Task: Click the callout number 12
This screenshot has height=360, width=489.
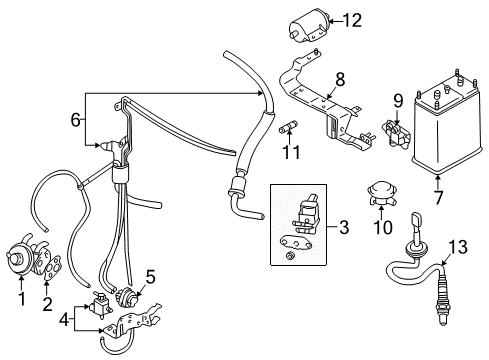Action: pos(352,21)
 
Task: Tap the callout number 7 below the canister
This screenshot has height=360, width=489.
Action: pos(438,197)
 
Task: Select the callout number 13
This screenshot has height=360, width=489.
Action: pos(457,247)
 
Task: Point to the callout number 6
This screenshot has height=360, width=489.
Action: pos(76,120)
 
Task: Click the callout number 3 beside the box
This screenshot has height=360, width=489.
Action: pos(344,227)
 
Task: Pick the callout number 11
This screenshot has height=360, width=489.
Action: pos(291,152)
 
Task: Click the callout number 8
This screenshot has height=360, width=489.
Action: pos(340,80)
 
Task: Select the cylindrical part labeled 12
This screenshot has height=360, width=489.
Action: pos(309,25)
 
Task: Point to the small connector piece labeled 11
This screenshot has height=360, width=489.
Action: pos(288,127)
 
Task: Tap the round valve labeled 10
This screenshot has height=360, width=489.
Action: pos(381,193)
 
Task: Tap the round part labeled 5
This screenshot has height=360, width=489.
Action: pos(126,296)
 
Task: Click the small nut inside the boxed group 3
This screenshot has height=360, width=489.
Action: pos(290,256)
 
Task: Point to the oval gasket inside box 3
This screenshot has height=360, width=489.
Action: pos(293,242)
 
